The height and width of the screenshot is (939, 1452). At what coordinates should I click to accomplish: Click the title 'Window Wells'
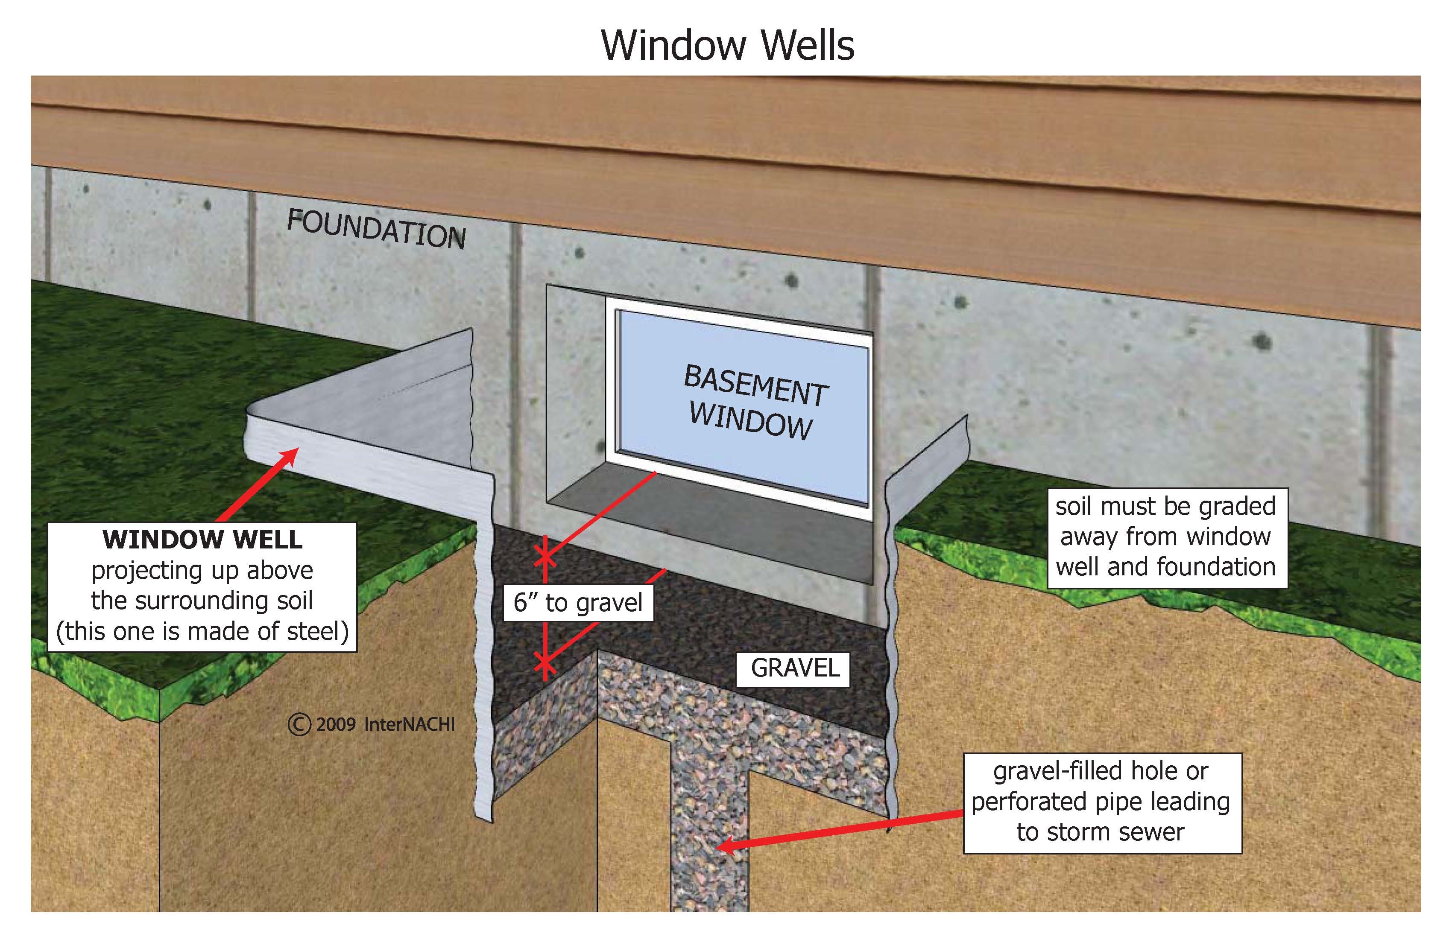coord(727,45)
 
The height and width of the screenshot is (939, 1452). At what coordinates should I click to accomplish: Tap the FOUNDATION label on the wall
coord(376,229)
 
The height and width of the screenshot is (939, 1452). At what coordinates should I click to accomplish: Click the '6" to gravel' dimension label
coord(578,602)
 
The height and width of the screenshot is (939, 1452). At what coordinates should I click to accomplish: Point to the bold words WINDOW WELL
coord(202,539)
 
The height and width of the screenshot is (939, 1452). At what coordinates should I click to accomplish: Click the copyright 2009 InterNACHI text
coord(372,724)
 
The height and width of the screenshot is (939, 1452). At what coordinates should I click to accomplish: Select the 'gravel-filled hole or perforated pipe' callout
coord(1101,802)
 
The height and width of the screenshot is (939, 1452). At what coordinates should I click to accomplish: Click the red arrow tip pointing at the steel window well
coord(296,450)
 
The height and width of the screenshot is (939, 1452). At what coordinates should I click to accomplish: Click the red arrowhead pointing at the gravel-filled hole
coord(720,846)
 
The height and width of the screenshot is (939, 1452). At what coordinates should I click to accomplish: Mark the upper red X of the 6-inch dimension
coord(545,556)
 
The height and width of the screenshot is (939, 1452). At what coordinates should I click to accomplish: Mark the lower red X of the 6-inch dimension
coord(545,665)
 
